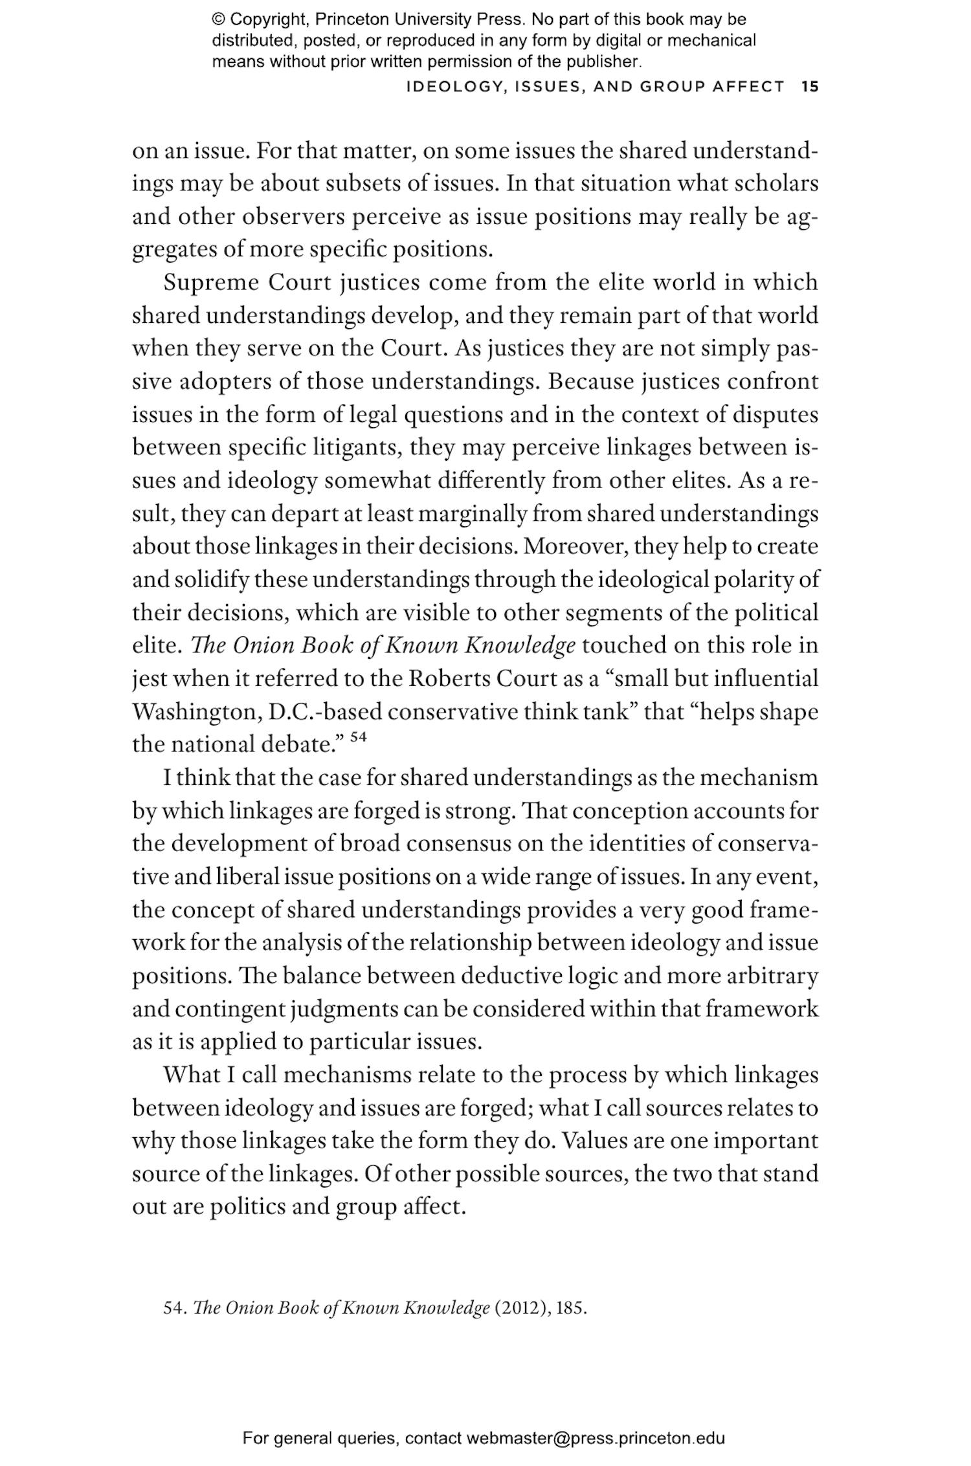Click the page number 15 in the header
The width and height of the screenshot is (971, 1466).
click(810, 86)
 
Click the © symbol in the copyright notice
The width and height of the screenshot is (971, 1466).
click(218, 19)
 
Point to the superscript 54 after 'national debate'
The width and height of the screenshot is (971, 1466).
click(358, 737)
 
